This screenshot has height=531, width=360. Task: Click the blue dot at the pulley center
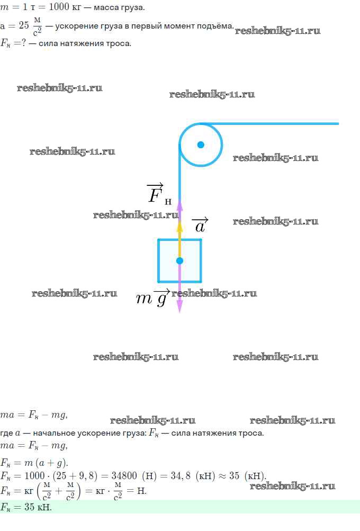201,145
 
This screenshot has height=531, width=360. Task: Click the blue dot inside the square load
180,260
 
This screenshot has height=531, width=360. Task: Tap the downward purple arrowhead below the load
180,306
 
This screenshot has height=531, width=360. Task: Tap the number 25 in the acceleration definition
24,25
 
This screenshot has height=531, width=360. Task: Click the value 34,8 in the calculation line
180,476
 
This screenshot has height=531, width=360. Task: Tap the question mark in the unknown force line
23,43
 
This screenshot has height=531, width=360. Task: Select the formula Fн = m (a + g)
34,463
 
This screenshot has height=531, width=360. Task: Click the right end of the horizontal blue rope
339,123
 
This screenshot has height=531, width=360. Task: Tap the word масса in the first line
106,7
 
